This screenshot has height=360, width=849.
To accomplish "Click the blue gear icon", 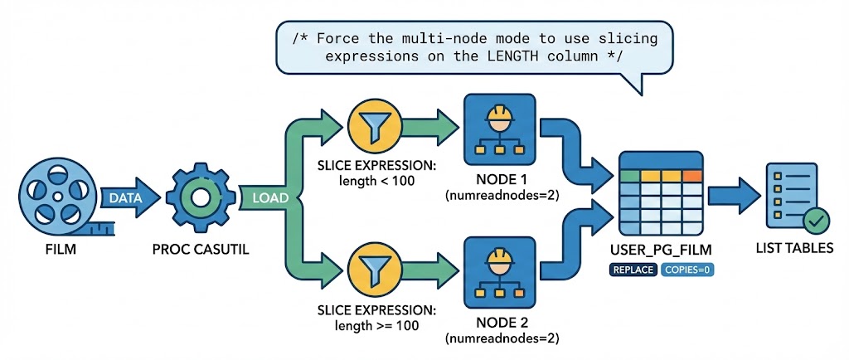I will click(199, 197).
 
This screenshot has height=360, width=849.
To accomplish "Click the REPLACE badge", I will click(634, 269).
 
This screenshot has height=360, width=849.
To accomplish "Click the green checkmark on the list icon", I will click(816, 221).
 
